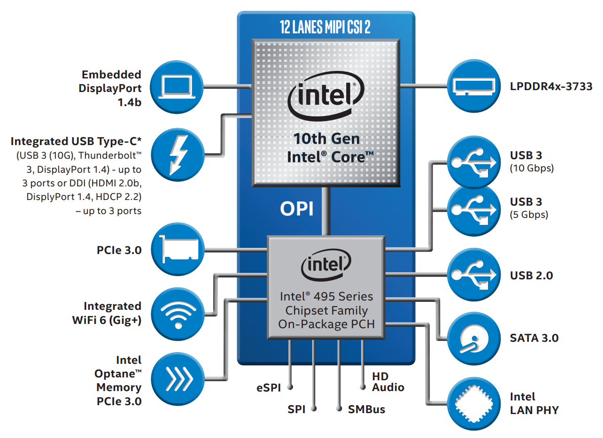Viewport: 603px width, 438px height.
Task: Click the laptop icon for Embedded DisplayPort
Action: click(177, 87)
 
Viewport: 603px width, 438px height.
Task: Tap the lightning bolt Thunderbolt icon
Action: click(177, 154)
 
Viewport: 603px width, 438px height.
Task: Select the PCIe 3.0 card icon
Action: click(177, 249)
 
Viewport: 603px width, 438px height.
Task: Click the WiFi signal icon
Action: click(177, 313)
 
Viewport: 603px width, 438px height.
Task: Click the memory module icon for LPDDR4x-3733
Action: click(474, 86)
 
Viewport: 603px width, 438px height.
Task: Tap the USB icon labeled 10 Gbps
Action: click(474, 161)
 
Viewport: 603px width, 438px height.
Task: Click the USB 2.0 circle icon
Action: click(474, 275)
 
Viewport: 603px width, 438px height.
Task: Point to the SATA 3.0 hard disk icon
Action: click(474, 338)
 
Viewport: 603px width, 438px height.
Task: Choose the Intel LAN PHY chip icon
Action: click(474, 403)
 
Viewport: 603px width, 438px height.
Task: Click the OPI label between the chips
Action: click(296, 209)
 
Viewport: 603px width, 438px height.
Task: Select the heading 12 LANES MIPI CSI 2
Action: click(325, 27)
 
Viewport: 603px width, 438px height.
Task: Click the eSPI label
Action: click(268, 388)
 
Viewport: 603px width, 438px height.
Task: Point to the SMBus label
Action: click(366, 409)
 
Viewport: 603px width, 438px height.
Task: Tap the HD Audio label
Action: click(388, 382)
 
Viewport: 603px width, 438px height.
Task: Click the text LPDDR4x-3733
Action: click(551, 86)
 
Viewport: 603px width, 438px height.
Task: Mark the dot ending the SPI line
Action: click(314, 409)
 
